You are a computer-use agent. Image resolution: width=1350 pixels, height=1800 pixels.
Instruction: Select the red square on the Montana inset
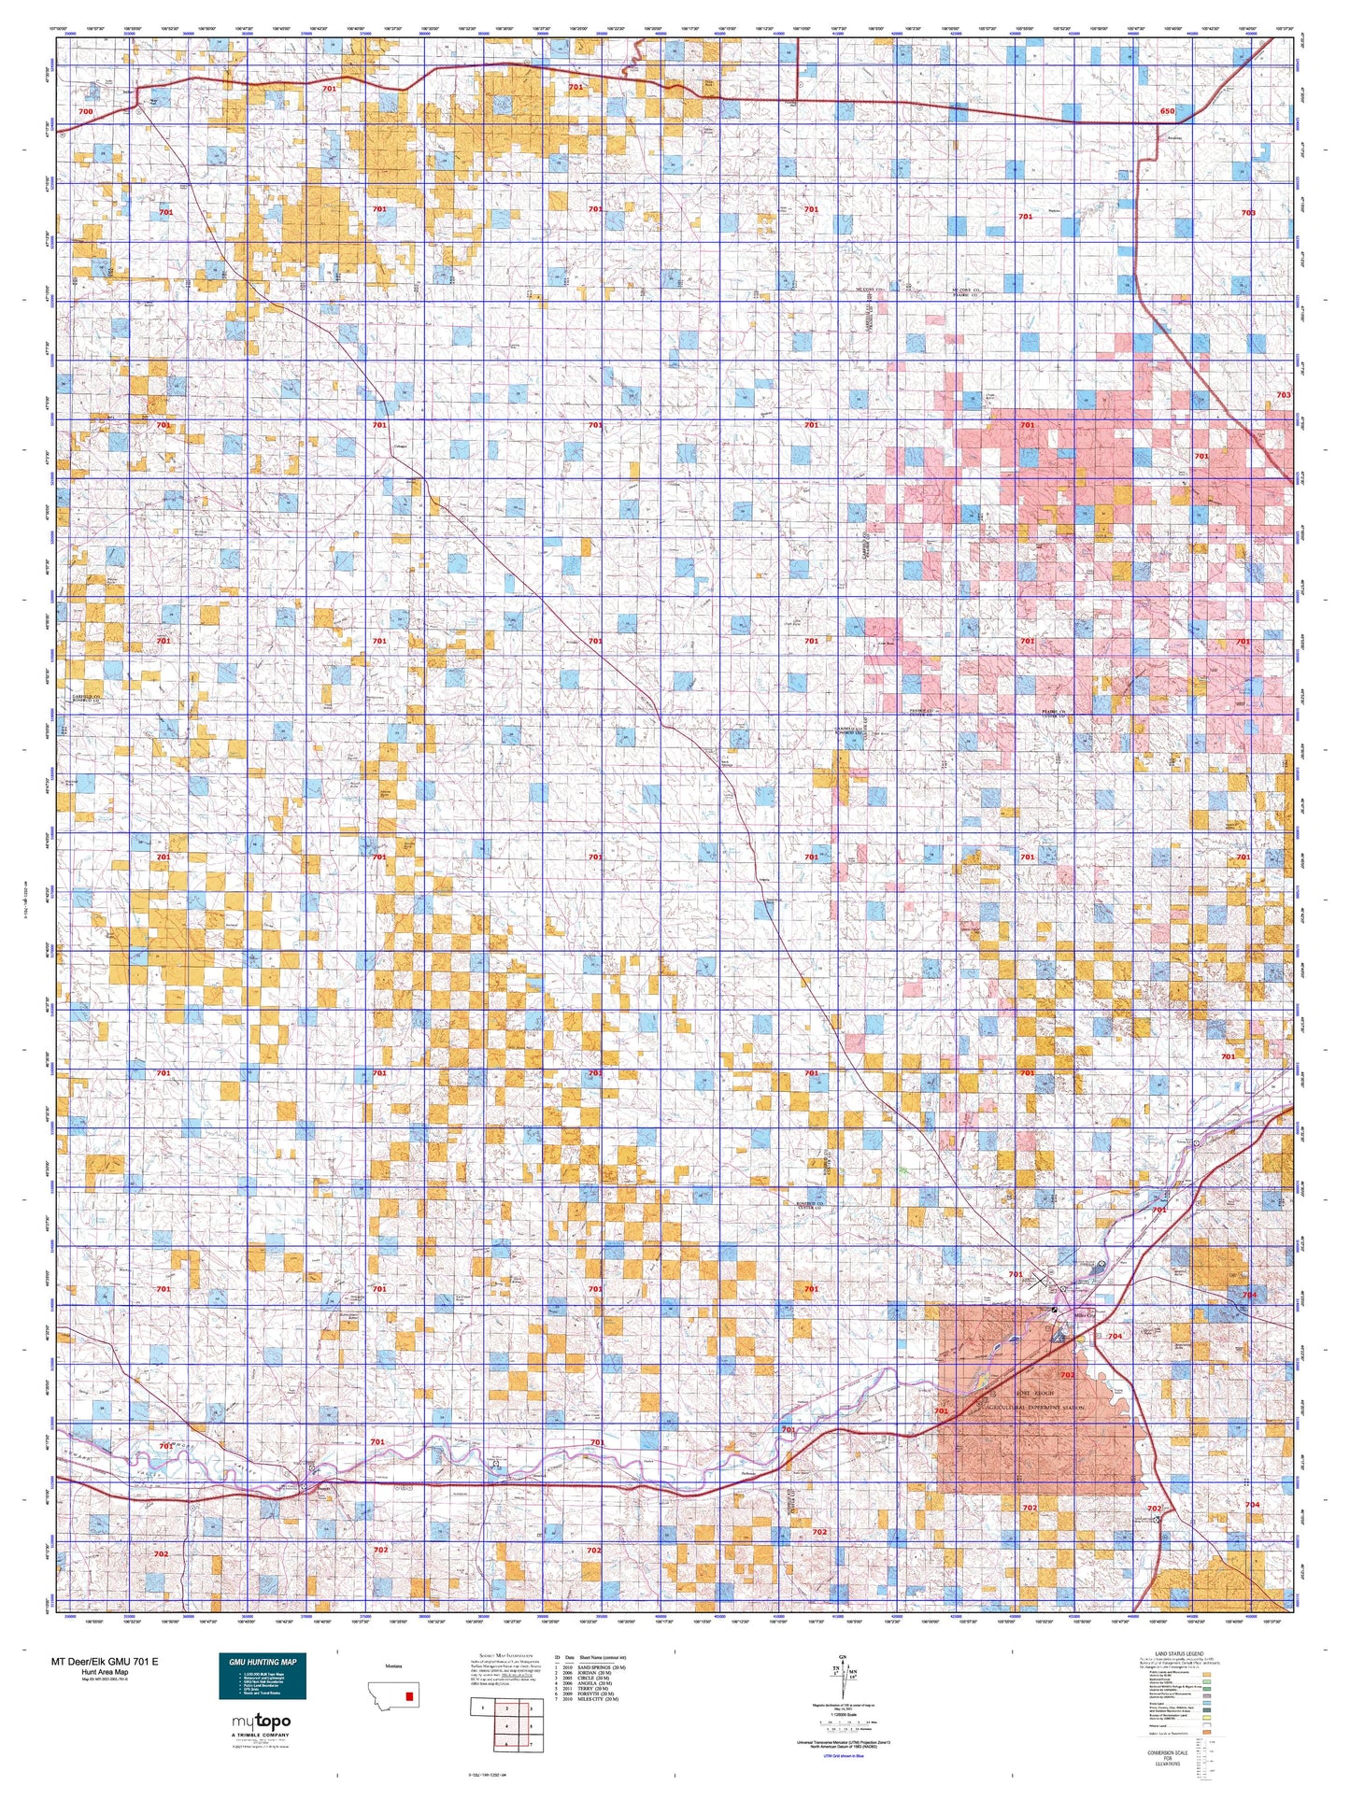pos(408,1695)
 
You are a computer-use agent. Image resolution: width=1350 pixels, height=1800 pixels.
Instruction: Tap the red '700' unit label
pos(86,111)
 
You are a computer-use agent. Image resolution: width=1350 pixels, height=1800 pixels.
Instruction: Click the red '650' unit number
pos(1166,111)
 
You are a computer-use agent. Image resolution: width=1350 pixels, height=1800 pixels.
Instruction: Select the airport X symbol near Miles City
pos(1039,1279)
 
